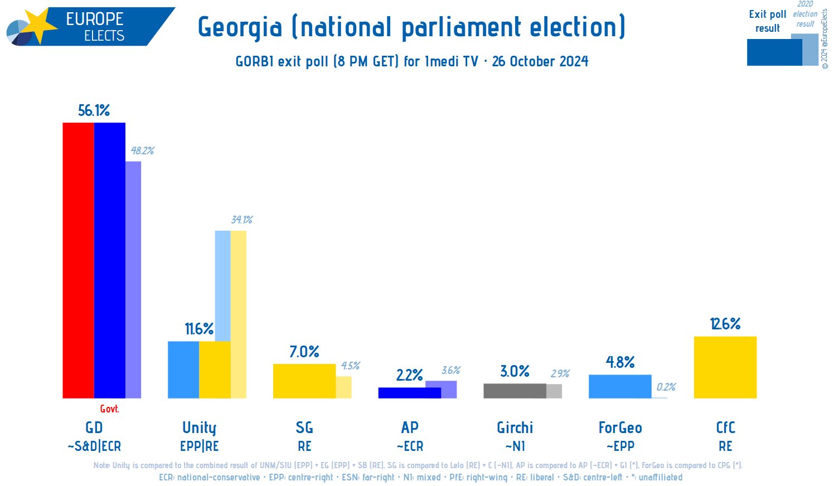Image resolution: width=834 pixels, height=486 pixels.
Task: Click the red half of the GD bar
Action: tap(78, 260)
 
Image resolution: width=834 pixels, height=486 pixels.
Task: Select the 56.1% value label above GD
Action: tap(94, 110)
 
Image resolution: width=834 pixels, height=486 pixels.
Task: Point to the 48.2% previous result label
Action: tap(142, 150)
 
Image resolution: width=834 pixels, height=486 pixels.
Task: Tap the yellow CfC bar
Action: tap(725, 367)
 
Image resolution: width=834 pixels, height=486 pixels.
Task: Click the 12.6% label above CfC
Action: tap(725, 324)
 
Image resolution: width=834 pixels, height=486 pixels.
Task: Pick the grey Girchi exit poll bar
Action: tap(514, 391)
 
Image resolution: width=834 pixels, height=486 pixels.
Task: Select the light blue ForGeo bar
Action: tap(619, 386)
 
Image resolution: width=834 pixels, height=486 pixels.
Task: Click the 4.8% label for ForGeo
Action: tap(620, 362)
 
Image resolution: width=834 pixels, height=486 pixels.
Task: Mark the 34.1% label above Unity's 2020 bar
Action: tap(241, 220)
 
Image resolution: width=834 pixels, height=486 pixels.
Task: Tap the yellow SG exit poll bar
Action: tap(304, 381)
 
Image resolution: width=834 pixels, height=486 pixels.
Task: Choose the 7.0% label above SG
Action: tap(304, 352)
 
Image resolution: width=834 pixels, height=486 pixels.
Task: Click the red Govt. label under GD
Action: tap(109, 409)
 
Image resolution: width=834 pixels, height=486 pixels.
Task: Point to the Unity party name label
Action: tap(199, 428)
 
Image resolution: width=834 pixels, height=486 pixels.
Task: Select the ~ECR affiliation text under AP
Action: tap(410, 446)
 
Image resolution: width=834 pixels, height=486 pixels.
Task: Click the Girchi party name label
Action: tap(515, 428)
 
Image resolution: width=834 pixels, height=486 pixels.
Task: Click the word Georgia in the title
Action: tap(240, 27)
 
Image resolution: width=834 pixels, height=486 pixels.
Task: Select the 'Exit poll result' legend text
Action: tap(767, 21)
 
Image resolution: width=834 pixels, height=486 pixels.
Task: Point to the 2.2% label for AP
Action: tap(409, 375)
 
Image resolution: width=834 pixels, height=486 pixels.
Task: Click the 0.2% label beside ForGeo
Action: tap(666, 387)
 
